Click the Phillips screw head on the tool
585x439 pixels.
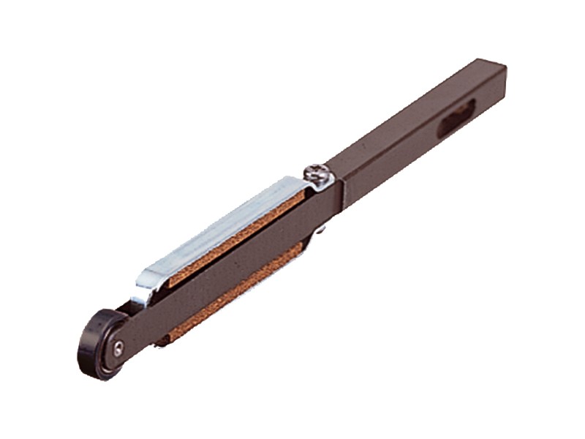coord(319,176)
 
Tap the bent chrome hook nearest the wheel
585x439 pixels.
coord(145,287)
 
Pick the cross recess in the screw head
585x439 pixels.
coord(319,174)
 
